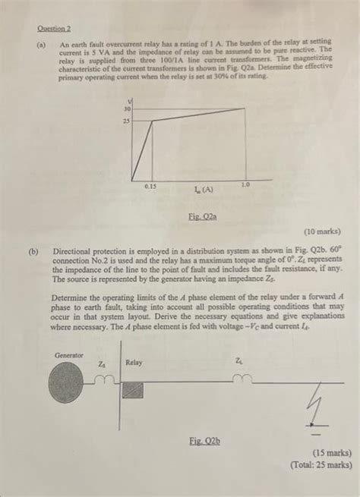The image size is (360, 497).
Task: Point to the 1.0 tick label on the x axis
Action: (245, 184)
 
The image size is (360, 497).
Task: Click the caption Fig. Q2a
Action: (202, 216)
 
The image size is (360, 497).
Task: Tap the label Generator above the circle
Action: (69, 355)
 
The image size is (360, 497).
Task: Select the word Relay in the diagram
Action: (134, 363)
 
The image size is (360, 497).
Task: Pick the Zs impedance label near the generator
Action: (102, 364)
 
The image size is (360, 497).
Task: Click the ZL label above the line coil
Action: (240, 361)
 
